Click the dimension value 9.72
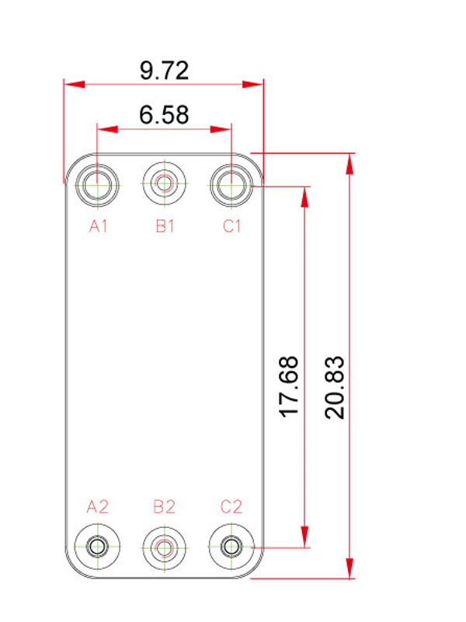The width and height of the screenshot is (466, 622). pyautogui.click(x=164, y=71)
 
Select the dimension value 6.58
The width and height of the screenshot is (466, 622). pyautogui.click(x=164, y=114)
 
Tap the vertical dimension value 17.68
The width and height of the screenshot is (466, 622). pyautogui.click(x=289, y=386)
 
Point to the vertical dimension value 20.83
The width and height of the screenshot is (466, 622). pyautogui.click(x=335, y=387)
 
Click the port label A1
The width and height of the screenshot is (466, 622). pyautogui.click(x=99, y=226)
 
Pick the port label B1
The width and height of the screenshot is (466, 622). pyautogui.click(x=165, y=226)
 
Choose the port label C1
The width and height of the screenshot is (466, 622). pyautogui.click(x=231, y=226)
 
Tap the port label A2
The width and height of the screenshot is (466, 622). pyautogui.click(x=98, y=507)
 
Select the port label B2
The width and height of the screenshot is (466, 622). pyautogui.click(x=164, y=507)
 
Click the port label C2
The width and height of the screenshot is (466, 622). pyautogui.click(x=231, y=507)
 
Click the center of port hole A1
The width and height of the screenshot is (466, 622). pyautogui.click(x=97, y=185)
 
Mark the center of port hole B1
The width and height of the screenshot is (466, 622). pyautogui.click(x=165, y=183)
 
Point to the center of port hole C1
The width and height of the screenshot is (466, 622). pyautogui.click(x=231, y=185)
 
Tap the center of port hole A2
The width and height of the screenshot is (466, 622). pyautogui.click(x=97, y=547)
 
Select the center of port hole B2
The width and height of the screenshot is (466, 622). pyautogui.click(x=165, y=548)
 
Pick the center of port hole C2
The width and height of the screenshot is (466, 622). pyautogui.click(x=231, y=547)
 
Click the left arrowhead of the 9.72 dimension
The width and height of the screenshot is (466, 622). pyautogui.click(x=75, y=84)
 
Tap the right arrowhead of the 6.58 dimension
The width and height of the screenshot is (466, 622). pyautogui.click(x=221, y=129)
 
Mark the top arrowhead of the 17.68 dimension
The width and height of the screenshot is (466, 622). pyautogui.click(x=304, y=197)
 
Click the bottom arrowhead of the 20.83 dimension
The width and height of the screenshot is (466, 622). pyautogui.click(x=349, y=568)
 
